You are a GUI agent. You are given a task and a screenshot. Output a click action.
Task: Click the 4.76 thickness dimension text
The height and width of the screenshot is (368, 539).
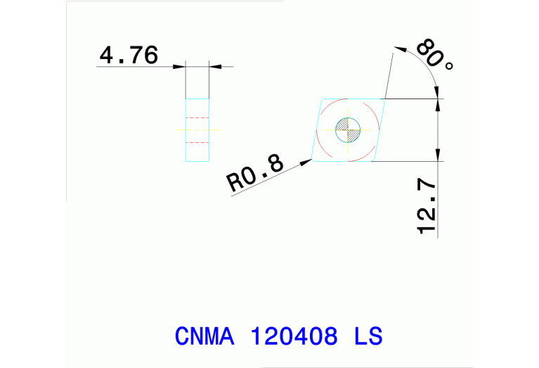(x=129, y=55)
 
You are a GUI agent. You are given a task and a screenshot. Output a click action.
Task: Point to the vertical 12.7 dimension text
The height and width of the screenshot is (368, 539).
(x=427, y=206)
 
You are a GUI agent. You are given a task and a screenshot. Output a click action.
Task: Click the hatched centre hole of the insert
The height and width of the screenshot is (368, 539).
(x=348, y=129)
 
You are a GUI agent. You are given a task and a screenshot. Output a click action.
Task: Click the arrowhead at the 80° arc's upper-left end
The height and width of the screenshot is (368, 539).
(x=401, y=49)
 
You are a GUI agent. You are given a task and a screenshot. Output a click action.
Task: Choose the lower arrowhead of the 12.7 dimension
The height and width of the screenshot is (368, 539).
(x=439, y=156)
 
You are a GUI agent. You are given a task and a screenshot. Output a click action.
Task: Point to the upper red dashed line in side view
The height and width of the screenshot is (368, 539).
(x=197, y=117)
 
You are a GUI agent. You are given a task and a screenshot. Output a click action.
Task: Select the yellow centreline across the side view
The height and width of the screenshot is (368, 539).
(x=197, y=129)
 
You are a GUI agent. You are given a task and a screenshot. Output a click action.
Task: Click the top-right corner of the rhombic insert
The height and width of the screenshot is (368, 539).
(x=384, y=99)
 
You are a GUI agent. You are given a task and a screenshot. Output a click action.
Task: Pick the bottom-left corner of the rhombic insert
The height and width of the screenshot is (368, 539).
(x=312, y=161)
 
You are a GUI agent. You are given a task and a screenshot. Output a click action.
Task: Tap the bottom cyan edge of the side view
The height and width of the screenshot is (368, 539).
(x=197, y=161)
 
